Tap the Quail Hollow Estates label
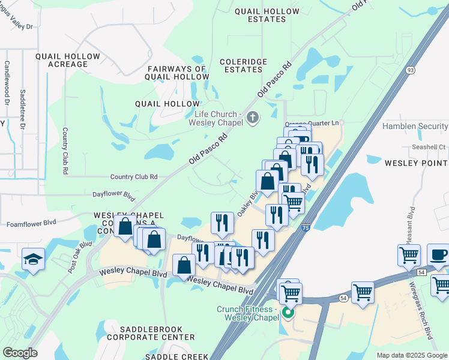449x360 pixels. coord(267,15)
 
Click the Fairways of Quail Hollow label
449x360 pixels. coord(178,73)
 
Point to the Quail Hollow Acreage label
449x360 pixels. coord(68,61)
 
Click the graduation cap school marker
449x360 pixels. coord(34,259)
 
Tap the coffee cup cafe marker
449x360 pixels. coord(439,254)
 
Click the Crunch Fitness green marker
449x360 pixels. coord(289,312)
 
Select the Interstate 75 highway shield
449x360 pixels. coord(306,228)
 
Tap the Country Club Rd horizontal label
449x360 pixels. coord(133,177)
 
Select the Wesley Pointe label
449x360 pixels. coord(416,163)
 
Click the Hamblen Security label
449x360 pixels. coord(415,127)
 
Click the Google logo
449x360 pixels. coord(20,352)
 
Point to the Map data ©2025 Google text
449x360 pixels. coord(411,355)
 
